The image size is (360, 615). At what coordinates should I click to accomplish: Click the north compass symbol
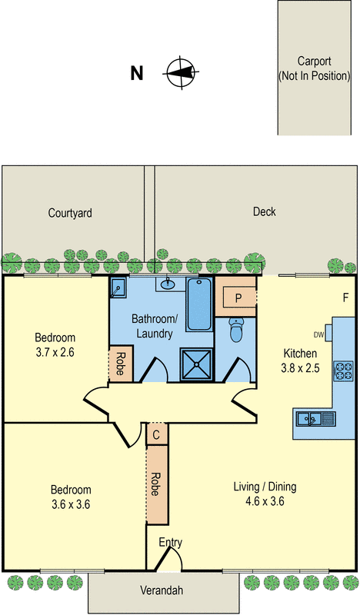click(x=181, y=72)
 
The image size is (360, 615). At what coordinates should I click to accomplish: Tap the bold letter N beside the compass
click(x=137, y=73)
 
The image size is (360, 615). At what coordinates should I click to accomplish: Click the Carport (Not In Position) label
click(x=314, y=68)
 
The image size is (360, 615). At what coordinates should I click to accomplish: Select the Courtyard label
click(x=70, y=213)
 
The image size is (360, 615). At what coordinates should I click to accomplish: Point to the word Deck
click(x=264, y=212)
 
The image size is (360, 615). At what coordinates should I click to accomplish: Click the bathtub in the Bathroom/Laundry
click(x=199, y=304)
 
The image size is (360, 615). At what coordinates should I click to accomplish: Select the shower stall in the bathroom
click(x=197, y=364)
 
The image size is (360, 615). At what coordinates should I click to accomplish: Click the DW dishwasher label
click(x=318, y=335)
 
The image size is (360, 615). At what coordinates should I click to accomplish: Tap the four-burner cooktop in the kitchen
click(x=343, y=371)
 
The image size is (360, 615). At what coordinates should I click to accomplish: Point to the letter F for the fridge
click(x=345, y=298)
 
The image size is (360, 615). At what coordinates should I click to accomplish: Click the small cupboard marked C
click(x=157, y=434)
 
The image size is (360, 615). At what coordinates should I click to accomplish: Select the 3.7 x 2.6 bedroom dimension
click(x=55, y=352)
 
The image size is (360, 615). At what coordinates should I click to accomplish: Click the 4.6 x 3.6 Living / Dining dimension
click(x=265, y=501)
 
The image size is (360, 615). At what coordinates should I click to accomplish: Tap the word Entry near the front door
click(x=170, y=543)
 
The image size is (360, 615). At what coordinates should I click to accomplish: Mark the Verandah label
click(x=162, y=590)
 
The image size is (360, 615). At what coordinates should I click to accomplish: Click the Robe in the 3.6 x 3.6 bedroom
click(x=157, y=485)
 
